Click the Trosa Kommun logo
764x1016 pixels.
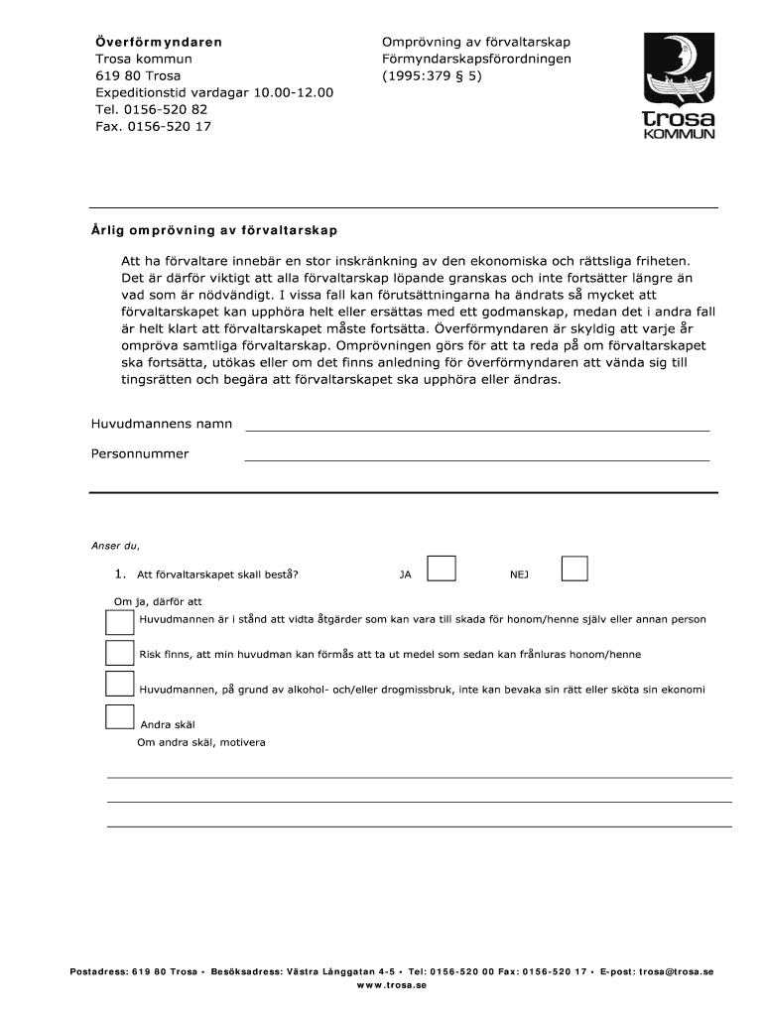(679, 86)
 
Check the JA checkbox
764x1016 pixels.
(442, 568)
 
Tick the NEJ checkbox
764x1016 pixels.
(574, 568)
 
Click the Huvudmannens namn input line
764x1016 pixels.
(476, 425)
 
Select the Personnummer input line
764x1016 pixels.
(476, 454)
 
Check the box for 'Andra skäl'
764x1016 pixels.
(119, 717)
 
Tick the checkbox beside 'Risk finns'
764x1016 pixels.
(119, 652)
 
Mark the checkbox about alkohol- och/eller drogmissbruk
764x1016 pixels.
(119, 684)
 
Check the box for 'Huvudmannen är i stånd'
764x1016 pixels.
(119, 621)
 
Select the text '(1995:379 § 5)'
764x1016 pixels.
(432, 75)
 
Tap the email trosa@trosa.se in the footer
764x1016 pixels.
(676, 971)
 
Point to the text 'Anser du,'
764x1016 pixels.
(116, 546)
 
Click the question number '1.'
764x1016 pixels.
(120, 573)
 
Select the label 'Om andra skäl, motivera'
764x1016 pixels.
(201, 742)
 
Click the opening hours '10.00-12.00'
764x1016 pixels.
(293, 92)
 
